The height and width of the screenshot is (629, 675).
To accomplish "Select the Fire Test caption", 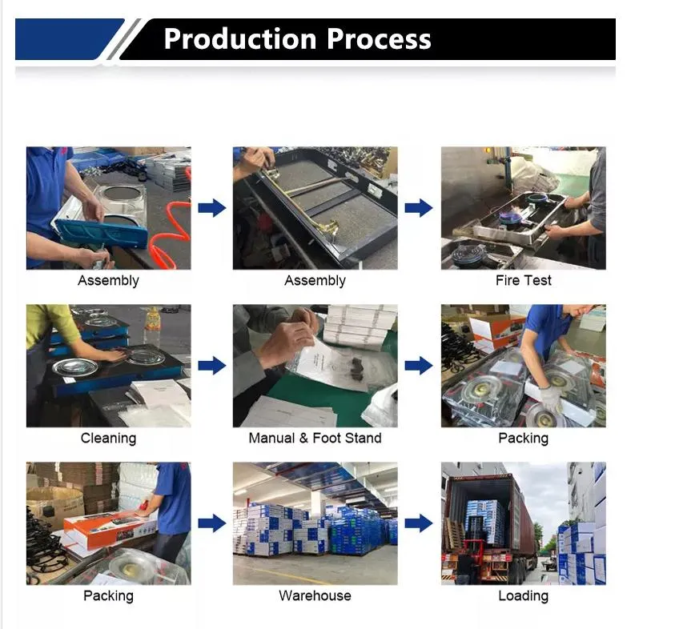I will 523,281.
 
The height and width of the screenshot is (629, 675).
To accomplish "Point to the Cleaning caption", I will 108,439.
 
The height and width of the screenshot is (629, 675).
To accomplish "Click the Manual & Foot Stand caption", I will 315,439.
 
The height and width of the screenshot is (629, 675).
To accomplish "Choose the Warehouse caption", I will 315,596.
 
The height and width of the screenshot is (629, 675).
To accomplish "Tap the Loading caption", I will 523,596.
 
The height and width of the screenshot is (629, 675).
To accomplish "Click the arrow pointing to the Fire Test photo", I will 418,208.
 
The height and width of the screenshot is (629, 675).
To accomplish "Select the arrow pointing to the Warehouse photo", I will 211,524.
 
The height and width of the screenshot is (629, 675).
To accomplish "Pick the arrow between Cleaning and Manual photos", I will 211,366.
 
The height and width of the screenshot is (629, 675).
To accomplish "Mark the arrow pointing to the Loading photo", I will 418,524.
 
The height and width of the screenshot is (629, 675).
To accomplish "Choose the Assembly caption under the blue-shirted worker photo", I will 108,281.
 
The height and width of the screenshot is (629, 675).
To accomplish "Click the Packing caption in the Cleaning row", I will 523,439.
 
